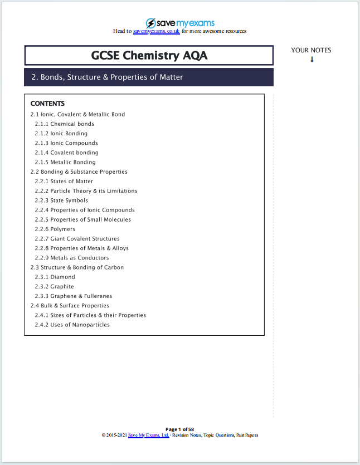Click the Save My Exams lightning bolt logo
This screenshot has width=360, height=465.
coord(151,23)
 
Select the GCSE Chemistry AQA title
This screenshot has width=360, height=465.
coord(149,56)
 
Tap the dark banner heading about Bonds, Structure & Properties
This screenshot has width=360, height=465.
coord(107,77)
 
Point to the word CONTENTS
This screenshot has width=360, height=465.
coord(47,104)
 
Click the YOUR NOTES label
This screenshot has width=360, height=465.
coord(311,50)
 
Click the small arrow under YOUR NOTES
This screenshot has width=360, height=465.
coord(312,59)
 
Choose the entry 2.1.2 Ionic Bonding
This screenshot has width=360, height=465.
coord(61,134)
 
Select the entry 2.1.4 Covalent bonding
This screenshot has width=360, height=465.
coord(66,153)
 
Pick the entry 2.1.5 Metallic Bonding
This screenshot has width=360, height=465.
coord(65,162)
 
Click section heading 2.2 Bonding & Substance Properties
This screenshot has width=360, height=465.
coord(79,172)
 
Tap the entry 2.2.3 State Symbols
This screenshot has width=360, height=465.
coord(61,200)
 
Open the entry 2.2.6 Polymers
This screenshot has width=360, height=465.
coord(55,229)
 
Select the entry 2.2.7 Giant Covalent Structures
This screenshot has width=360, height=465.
coord(77,238)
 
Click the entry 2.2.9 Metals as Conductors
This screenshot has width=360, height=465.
coord(71,258)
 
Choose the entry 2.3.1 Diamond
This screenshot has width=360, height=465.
coord(55,277)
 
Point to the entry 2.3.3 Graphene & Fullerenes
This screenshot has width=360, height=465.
coord(73,296)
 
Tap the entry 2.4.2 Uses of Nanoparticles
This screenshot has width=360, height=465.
coord(72,325)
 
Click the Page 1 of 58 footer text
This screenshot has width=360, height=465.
coord(179,429)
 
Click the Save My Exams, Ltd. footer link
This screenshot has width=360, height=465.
coord(148,435)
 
